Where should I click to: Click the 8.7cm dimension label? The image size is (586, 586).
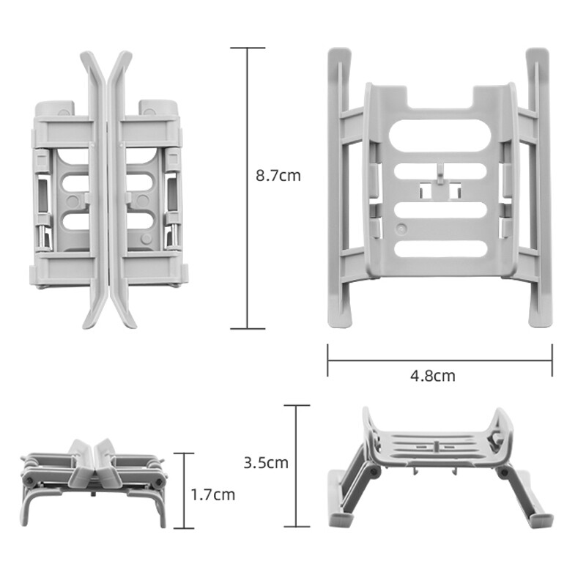click(x=278, y=176)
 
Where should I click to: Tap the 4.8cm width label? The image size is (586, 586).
click(x=432, y=376)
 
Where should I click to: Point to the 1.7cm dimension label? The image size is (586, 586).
click(x=213, y=494)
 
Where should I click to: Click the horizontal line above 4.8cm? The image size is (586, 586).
click(x=439, y=360)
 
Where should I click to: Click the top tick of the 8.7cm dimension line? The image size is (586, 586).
click(x=246, y=48)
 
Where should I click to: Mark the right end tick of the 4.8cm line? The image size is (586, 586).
click(x=552, y=360)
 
